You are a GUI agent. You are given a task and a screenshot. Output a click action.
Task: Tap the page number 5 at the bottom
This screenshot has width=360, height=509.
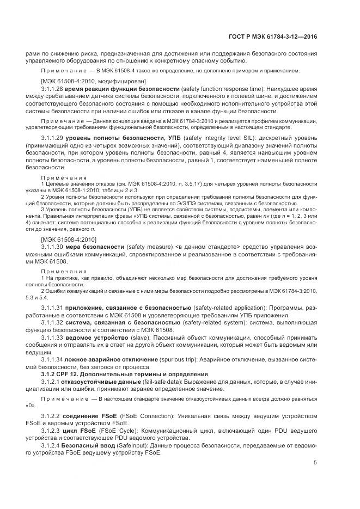click(315, 463)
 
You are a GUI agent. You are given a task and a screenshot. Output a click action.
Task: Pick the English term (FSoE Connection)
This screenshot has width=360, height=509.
click(144, 416)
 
